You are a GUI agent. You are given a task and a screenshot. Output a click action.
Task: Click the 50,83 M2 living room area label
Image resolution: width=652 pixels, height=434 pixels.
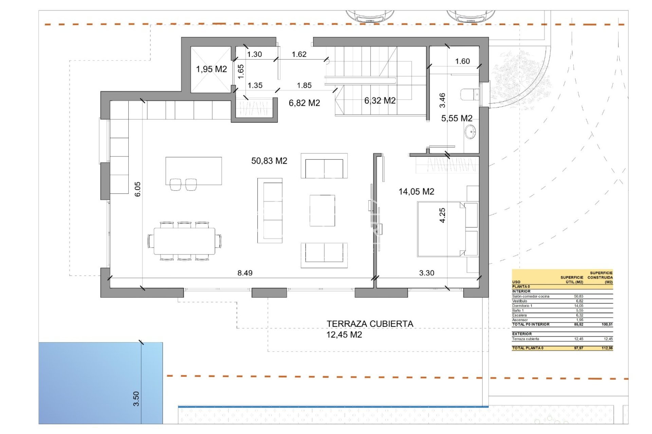269,161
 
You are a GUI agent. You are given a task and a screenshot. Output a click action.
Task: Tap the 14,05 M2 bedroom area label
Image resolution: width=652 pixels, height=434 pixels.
416,192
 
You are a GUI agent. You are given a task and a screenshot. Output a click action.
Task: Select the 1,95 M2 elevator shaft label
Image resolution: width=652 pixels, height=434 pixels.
211,69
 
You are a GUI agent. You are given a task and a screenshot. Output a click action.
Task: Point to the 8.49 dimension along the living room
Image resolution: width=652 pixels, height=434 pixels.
245,273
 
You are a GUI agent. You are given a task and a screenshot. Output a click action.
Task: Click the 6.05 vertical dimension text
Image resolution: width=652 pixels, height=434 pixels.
138,189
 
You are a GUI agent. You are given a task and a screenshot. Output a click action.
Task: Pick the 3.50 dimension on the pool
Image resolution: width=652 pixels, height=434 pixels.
136,399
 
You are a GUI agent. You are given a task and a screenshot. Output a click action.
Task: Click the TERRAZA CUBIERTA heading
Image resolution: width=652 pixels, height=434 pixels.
370,324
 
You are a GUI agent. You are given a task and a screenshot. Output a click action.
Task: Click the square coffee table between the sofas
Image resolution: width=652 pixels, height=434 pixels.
322,211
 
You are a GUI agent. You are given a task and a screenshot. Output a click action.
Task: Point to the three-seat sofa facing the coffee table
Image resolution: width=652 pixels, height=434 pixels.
270,211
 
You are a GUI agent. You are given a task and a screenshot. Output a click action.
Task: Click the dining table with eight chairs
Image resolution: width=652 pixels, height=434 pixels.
184,241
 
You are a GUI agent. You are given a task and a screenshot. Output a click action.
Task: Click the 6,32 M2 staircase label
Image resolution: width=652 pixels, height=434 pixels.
380,101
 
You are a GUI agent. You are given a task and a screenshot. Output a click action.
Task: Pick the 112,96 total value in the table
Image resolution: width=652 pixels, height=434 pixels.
606,348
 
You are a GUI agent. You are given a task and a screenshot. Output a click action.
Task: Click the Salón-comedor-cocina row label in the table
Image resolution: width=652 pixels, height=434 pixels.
530,296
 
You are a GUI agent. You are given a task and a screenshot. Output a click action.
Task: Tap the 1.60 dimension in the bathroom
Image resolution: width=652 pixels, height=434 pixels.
462,61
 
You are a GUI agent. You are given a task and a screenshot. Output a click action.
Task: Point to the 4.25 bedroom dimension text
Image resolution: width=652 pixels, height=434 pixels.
442,215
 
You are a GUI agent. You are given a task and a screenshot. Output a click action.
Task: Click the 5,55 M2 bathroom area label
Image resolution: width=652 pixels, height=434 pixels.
456,118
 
